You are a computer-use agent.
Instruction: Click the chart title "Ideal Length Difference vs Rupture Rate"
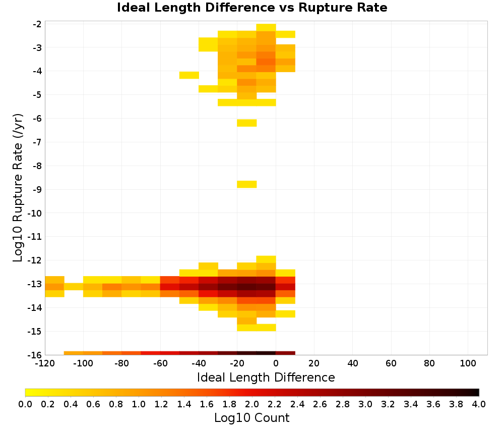[252, 8]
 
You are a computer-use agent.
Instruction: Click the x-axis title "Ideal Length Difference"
[266, 377]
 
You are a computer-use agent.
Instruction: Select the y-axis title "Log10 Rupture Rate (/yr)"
[18, 188]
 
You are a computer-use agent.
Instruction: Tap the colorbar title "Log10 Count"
[251, 418]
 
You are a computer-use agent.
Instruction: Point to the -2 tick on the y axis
[37, 24]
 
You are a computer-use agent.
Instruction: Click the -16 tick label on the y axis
[35, 355]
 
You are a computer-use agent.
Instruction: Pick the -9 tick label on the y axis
[37, 190]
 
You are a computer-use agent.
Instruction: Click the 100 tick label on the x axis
[468, 363]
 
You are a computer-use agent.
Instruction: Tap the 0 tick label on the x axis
[276, 363]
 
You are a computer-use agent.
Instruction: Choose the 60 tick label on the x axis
[391, 363]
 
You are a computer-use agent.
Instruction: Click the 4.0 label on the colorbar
[479, 404]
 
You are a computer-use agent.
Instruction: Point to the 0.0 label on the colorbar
[25, 404]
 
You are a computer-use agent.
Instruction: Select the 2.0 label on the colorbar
[252, 404]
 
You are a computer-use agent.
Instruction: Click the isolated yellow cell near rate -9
[247, 184]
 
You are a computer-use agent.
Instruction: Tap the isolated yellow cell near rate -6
[247, 123]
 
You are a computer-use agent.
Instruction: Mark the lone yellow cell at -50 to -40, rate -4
[189, 75]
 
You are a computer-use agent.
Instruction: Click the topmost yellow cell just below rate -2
[266, 27]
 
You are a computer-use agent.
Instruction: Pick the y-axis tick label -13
[35, 284]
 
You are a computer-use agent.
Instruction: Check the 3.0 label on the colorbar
[365, 404]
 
